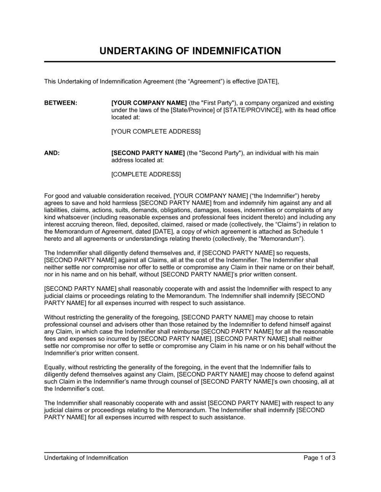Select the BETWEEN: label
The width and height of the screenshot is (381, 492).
point(61,103)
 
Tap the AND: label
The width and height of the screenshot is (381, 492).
point(52,153)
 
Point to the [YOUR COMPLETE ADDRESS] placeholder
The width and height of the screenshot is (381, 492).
point(155,132)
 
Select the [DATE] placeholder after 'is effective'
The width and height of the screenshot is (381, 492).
point(268,81)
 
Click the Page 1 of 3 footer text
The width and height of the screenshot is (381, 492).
point(319,458)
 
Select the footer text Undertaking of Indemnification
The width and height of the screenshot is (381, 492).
point(86,458)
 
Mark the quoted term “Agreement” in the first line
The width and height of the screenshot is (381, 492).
point(199,81)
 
